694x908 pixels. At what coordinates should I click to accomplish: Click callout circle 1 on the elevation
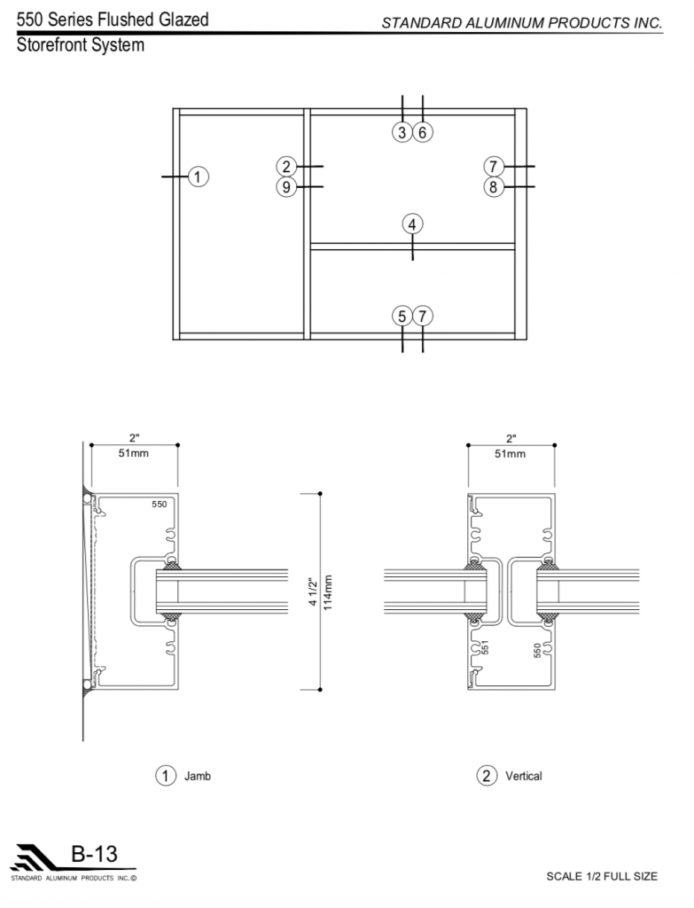coord(198,176)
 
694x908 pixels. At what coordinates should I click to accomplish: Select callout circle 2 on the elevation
coord(286,167)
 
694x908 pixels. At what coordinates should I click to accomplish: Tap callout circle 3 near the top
coord(402,133)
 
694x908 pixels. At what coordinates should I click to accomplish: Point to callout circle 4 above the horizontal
coord(412,224)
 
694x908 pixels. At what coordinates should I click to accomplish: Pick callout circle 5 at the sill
coord(402,317)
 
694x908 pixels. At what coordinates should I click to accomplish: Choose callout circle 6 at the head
coord(423,133)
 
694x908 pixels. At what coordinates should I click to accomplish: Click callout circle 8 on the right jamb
coord(494,187)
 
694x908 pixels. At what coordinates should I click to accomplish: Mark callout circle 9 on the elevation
coord(286,187)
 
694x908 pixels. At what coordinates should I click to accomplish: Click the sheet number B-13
coord(94,854)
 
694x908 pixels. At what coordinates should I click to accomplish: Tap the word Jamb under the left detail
coord(198,776)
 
